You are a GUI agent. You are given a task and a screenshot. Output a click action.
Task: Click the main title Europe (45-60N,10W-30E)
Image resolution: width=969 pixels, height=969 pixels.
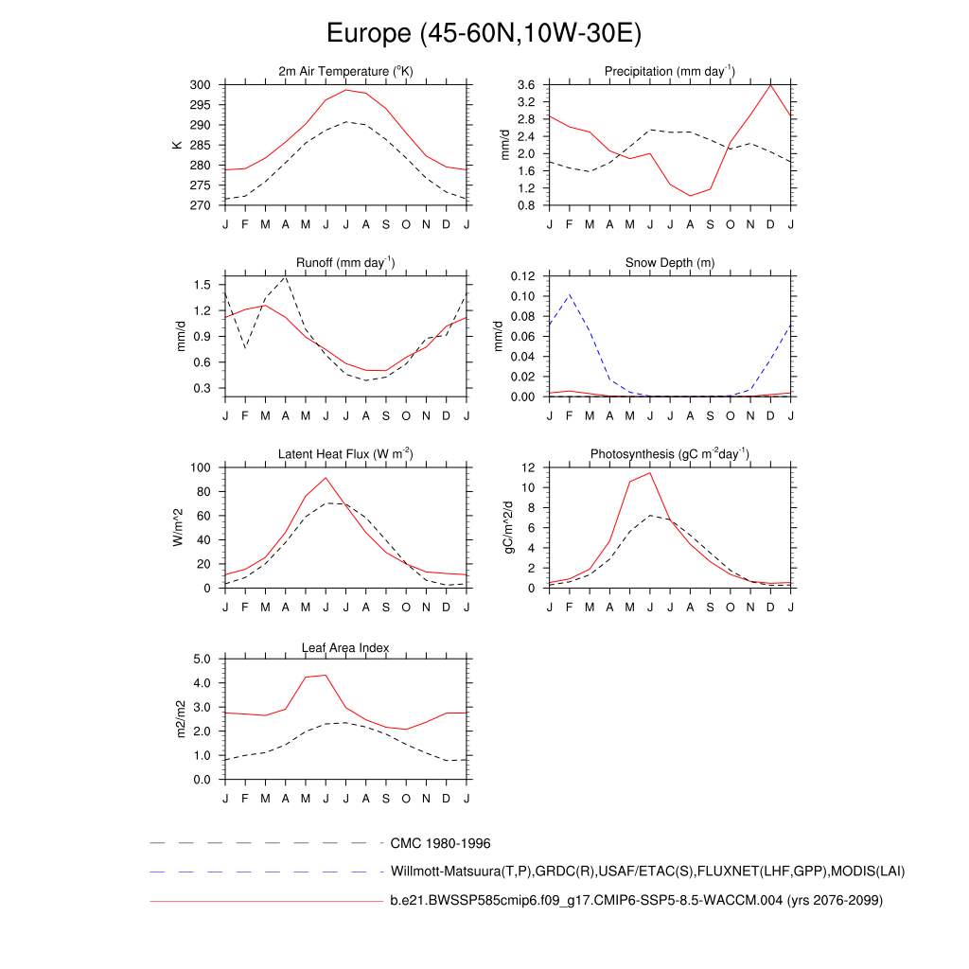click(x=484, y=34)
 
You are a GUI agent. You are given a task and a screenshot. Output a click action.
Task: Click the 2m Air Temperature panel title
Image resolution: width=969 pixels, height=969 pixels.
click(x=345, y=72)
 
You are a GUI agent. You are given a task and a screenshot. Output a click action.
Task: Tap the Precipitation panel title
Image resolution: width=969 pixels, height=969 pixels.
click(x=670, y=72)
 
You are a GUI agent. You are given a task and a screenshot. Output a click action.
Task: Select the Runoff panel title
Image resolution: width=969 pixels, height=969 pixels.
click(x=345, y=263)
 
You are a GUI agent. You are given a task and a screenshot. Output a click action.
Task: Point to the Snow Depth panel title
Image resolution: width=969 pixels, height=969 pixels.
click(x=670, y=263)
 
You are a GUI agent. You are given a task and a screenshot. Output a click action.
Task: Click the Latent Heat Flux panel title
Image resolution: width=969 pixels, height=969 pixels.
click(x=345, y=454)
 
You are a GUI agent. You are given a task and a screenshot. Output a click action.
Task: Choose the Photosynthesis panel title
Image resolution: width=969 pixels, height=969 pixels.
click(x=670, y=454)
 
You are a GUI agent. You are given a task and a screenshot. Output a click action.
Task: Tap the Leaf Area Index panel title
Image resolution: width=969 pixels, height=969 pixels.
click(x=345, y=648)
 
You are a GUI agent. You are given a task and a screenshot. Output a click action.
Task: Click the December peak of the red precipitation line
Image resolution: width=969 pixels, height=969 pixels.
click(x=770, y=85)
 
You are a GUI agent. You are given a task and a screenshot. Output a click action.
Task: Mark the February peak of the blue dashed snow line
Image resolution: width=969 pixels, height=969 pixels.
click(x=569, y=294)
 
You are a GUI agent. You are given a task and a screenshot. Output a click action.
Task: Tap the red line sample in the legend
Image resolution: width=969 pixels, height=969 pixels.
click(x=265, y=901)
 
